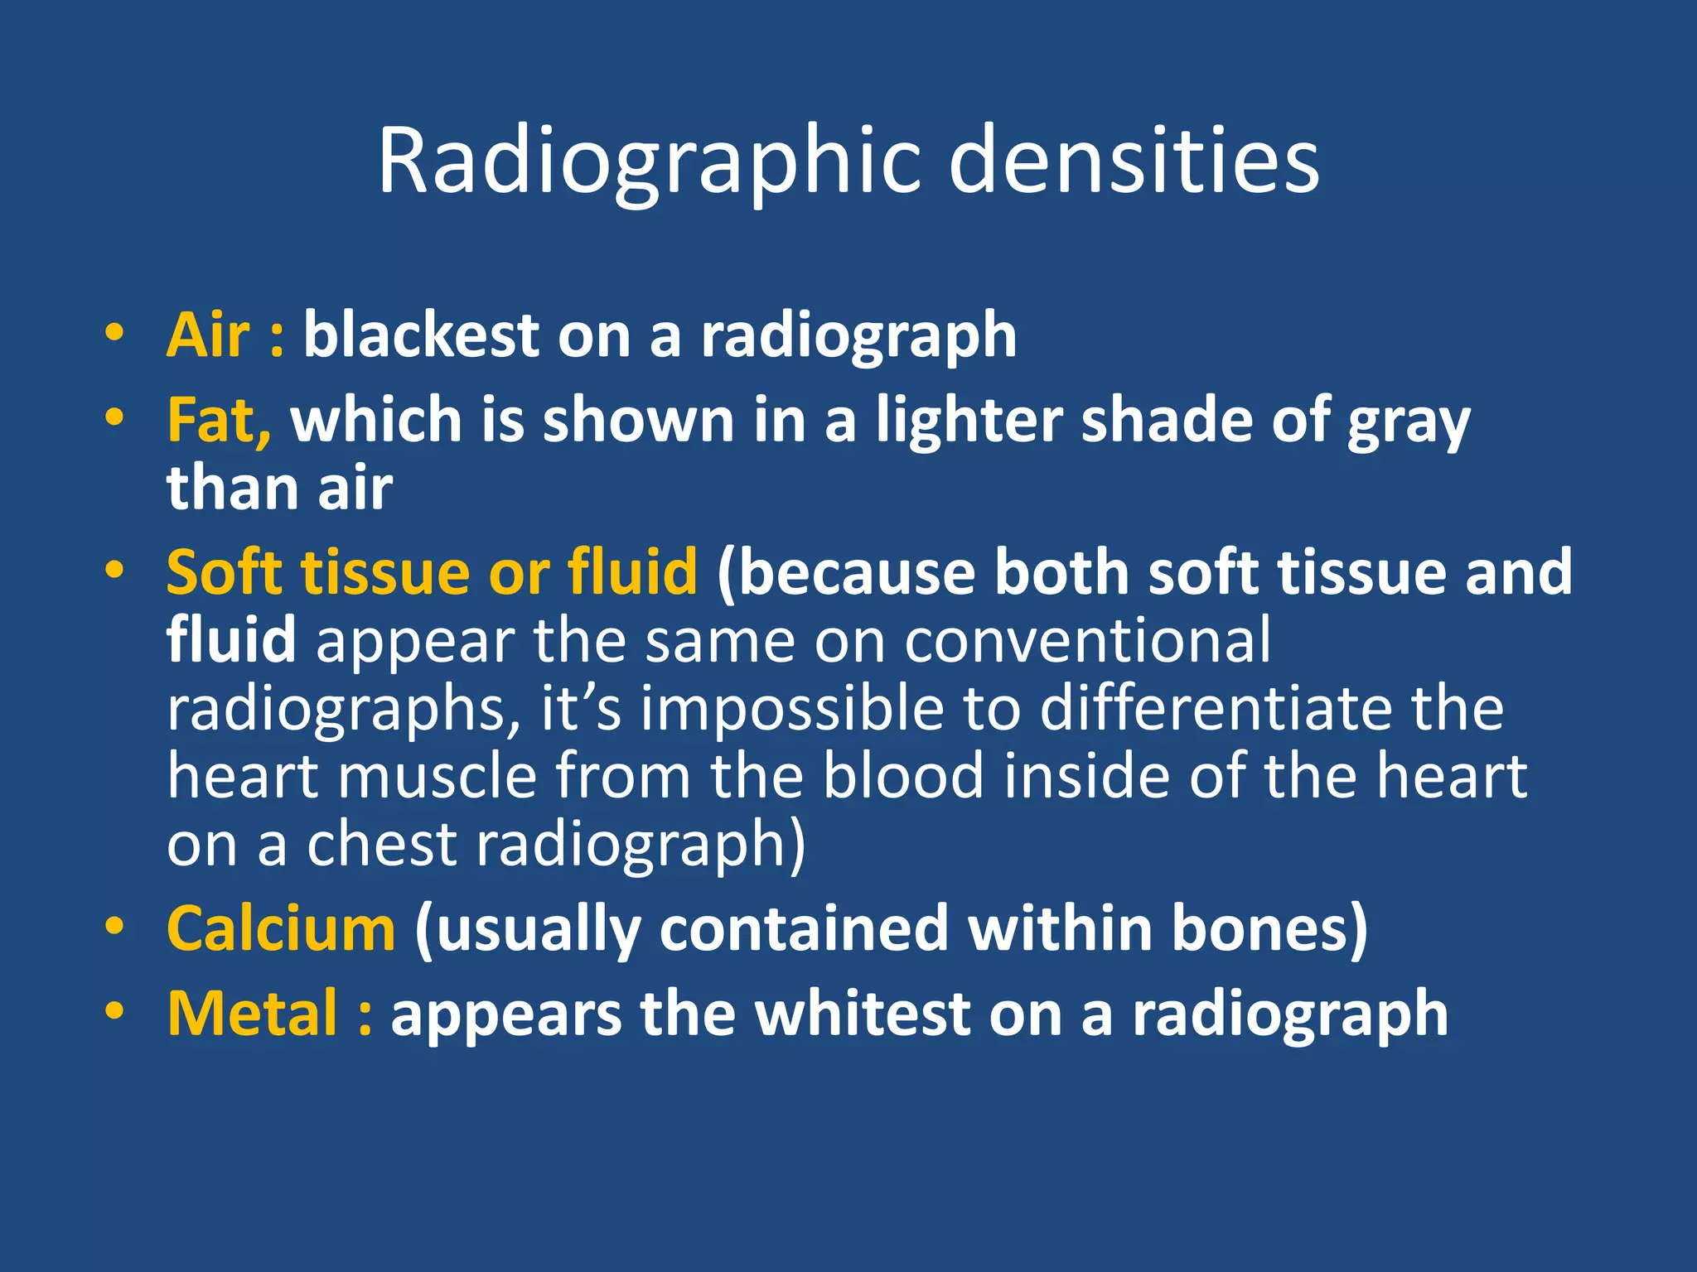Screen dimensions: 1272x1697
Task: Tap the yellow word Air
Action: [208, 335]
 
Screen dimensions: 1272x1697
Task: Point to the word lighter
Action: [969, 421]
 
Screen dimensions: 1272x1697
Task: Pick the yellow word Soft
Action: [224, 572]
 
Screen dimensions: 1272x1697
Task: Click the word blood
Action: [903, 776]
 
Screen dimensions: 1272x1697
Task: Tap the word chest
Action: [381, 844]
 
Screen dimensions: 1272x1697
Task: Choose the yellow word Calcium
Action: [281, 929]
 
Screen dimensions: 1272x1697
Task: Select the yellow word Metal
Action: [253, 1014]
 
